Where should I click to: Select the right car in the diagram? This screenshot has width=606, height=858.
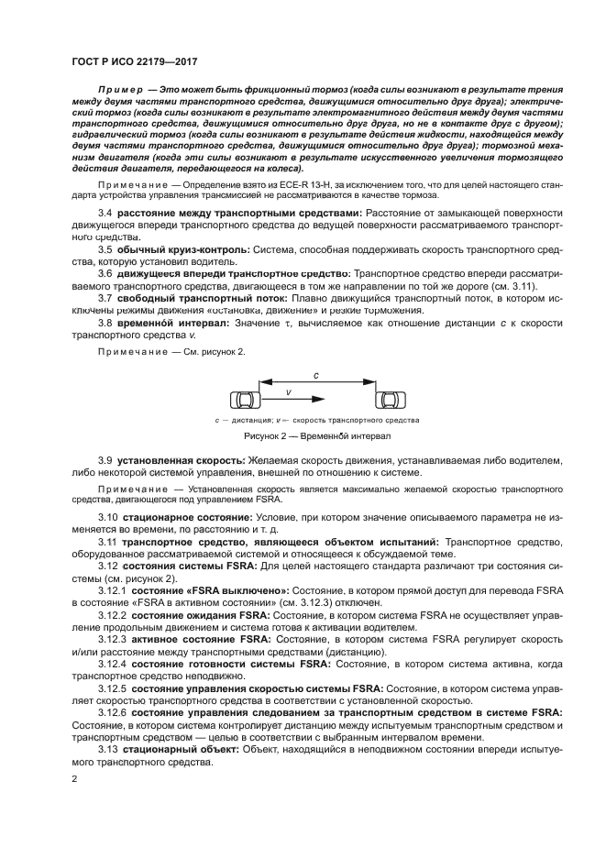click(x=389, y=401)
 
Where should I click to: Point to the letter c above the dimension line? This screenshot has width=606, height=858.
click(x=316, y=376)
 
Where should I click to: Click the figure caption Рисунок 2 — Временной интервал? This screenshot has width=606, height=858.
click(x=316, y=436)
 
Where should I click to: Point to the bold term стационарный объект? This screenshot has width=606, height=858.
click(x=181, y=749)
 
